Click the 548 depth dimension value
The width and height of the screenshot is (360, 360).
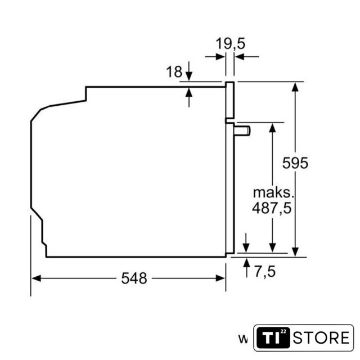(x=134, y=278)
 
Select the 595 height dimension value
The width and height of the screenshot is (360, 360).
(x=295, y=163)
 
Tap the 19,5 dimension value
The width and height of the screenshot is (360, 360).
(x=231, y=44)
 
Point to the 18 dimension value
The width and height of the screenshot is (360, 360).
(x=174, y=71)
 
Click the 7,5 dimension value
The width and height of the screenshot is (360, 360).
(x=265, y=272)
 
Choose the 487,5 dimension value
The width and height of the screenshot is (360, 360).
(x=272, y=208)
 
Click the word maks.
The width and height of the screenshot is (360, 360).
(x=273, y=192)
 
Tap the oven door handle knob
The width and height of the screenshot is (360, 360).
(x=242, y=131)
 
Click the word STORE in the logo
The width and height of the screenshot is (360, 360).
(x=321, y=337)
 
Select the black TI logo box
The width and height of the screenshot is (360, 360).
(x=273, y=337)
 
